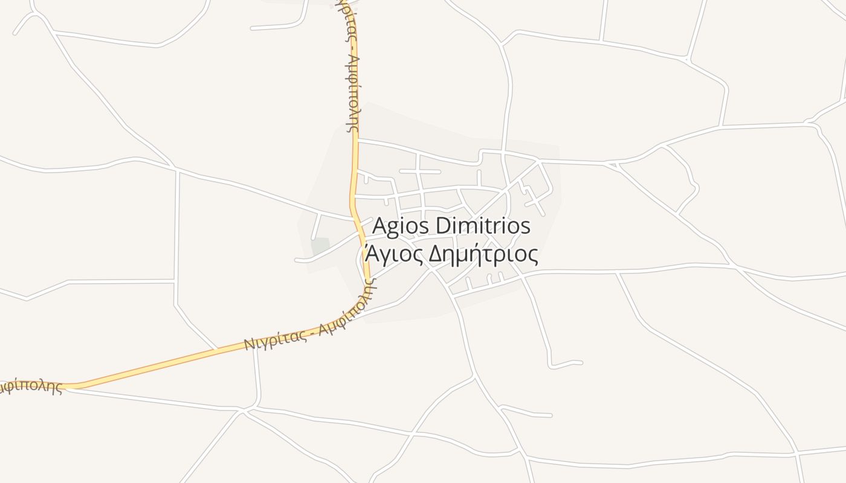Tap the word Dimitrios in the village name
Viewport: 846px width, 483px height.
click(483, 226)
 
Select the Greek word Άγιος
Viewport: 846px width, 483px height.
click(393, 255)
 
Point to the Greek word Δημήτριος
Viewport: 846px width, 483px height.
click(483, 255)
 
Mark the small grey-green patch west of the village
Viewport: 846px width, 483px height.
click(320, 246)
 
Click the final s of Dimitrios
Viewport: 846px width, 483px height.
click(526, 228)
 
